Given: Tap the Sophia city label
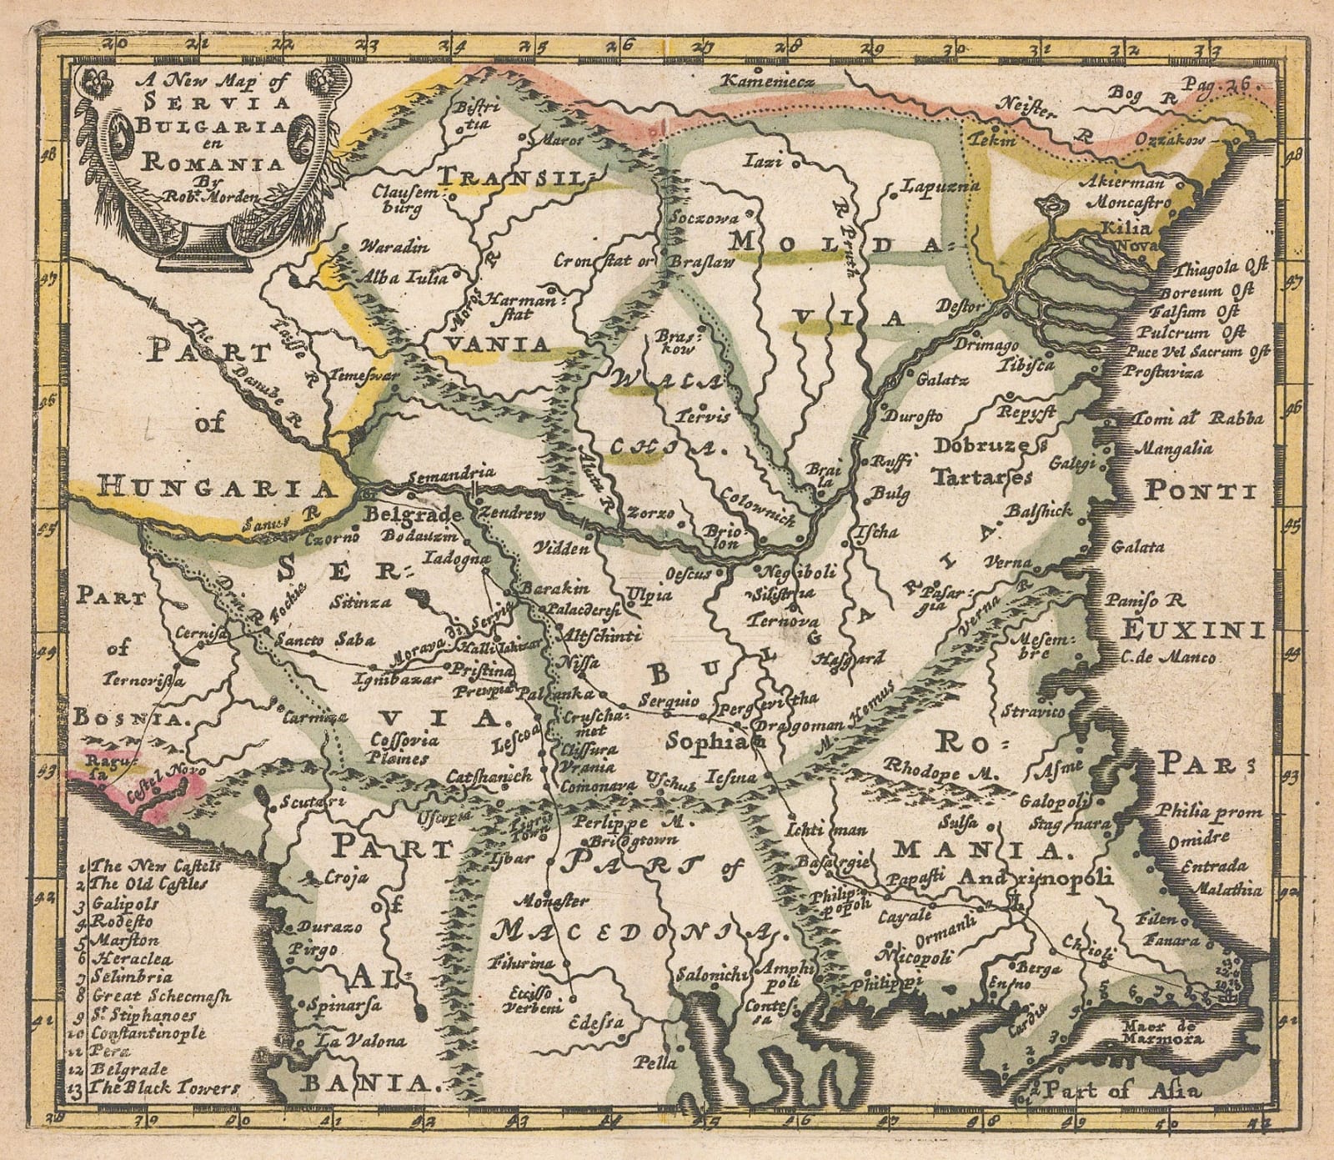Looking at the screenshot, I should [705, 739].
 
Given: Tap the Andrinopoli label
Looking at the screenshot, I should [1036, 877].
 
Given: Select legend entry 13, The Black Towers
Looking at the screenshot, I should [166, 1087].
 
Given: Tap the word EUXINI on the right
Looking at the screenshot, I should [1191, 626].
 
